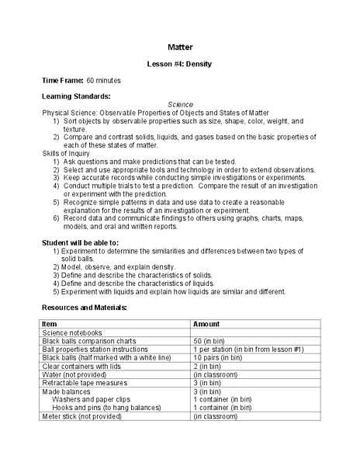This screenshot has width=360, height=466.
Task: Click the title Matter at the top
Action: click(180, 45)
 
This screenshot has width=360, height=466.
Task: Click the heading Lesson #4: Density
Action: click(180, 62)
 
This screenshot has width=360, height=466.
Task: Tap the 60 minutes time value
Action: click(104, 80)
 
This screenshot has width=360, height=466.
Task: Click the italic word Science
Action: click(180, 104)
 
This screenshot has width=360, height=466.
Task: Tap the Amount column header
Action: click(206, 323)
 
